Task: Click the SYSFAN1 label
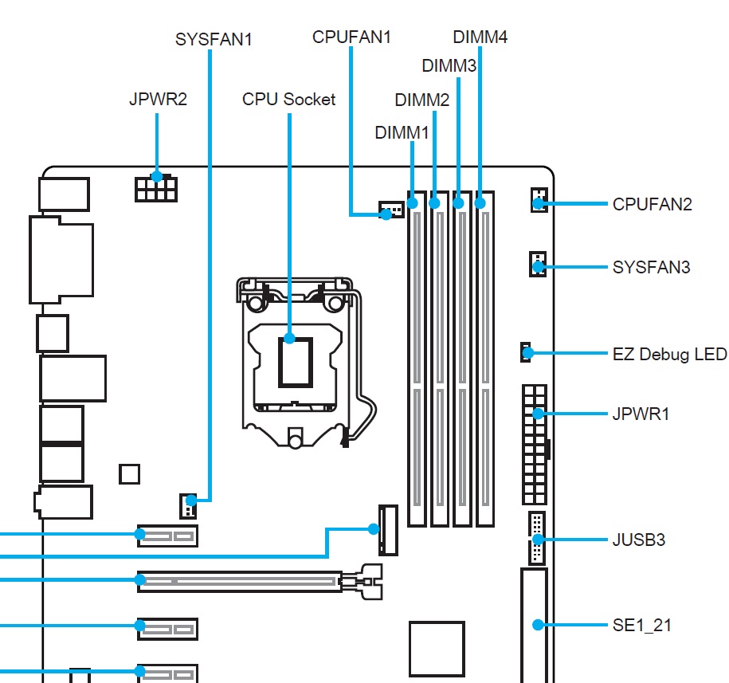point(213,38)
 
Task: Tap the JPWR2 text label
point(158,101)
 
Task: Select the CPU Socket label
point(288,100)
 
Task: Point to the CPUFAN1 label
point(351,37)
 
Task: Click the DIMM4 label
point(480,37)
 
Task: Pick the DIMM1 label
point(402,132)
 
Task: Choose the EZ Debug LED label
point(669,353)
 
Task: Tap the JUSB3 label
point(638,540)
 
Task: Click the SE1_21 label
point(641,625)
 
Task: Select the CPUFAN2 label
point(652,204)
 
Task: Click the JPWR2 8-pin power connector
point(156,188)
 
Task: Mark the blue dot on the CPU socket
point(289,339)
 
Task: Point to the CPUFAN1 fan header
point(387,212)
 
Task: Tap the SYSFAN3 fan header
point(538,265)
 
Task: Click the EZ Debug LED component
point(526,351)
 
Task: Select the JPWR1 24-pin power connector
point(535,442)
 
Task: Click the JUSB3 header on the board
point(535,539)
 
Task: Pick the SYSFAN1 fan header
point(188,503)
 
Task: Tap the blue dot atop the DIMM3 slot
point(459,204)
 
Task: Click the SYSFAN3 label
point(651,267)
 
